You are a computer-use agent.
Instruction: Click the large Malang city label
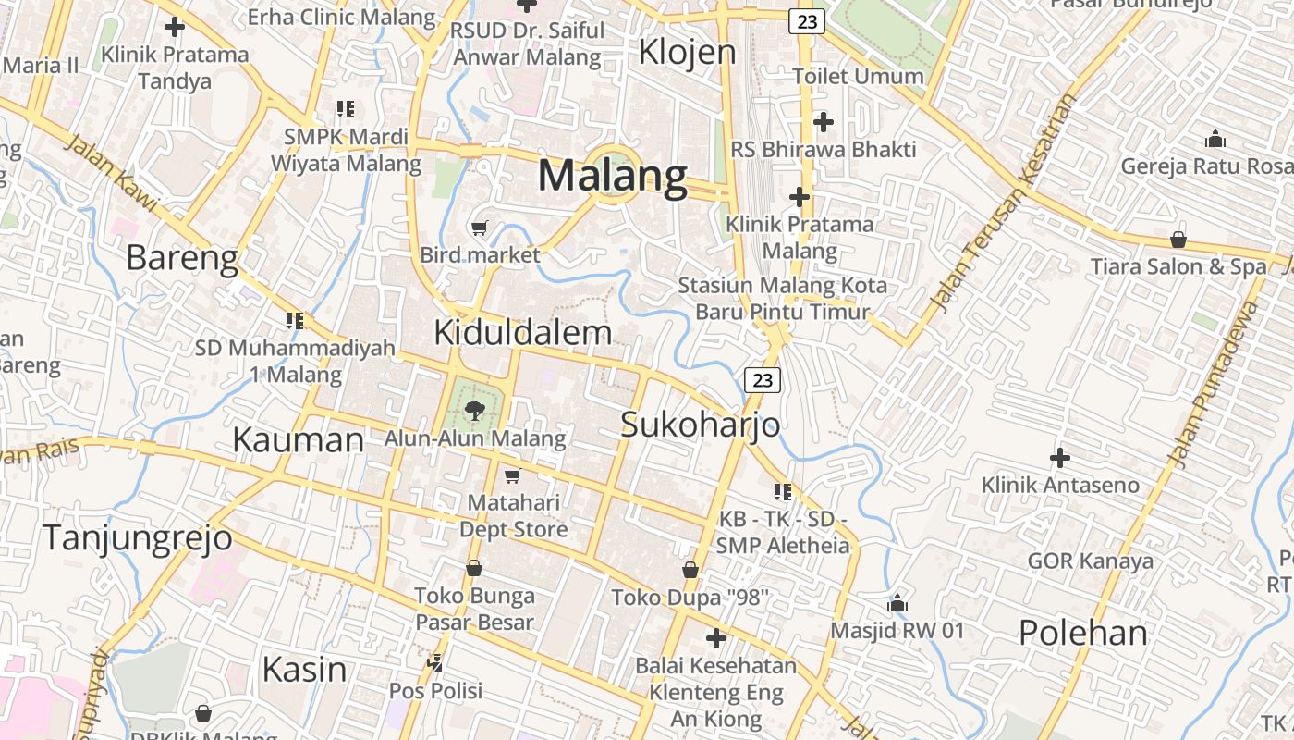click(x=613, y=176)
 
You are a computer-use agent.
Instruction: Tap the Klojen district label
click(x=688, y=53)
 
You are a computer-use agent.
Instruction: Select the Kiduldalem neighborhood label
click(x=522, y=333)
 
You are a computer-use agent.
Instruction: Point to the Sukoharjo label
click(x=700, y=425)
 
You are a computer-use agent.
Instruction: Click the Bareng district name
click(x=182, y=258)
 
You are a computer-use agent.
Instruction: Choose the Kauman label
click(x=298, y=439)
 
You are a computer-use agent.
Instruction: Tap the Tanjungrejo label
click(x=138, y=537)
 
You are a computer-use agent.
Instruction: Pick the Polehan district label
click(x=1083, y=634)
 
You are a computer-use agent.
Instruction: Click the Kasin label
click(x=304, y=669)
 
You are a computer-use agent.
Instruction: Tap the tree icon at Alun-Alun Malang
click(x=475, y=410)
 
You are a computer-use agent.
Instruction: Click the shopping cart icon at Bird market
click(x=480, y=228)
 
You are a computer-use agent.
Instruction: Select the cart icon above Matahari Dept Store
click(x=512, y=475)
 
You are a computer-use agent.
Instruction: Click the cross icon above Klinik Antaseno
click(x=1060, y=457)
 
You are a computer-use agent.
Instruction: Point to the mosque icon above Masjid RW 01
click(x=897, y=604)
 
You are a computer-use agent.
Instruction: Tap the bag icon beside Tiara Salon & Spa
click(x=1178, y=240)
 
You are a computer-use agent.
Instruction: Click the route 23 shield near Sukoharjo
click(x=762, y=379)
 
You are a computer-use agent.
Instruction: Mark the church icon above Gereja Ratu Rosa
click(x=1215, y=140)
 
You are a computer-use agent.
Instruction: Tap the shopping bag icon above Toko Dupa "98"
click(x=690, y=569)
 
